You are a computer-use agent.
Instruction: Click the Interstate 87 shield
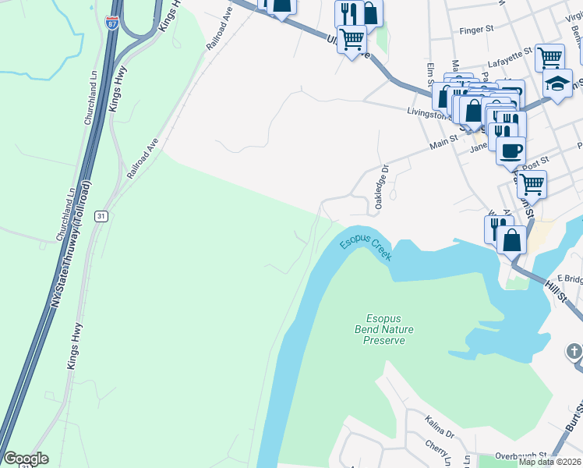[113, 23]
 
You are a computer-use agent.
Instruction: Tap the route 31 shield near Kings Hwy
[101, 215]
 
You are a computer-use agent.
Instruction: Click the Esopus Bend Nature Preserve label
[389, 329]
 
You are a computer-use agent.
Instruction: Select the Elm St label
[429, 77]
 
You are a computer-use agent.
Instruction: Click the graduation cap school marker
[557, 84]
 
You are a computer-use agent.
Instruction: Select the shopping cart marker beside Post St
[532, 184]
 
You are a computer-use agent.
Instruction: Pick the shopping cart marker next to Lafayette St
[549, 57]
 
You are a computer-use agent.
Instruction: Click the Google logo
[26, 459]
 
